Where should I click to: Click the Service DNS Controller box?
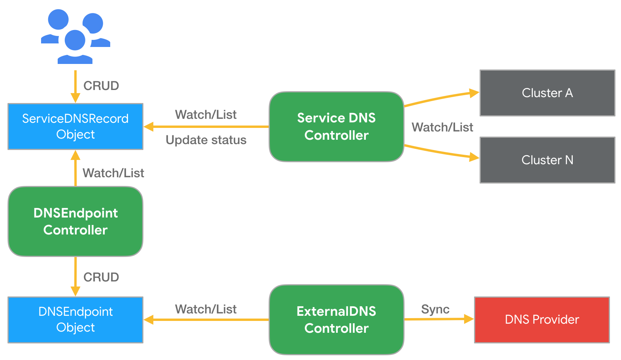pos(336,127)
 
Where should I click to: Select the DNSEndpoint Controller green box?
pos(75,221)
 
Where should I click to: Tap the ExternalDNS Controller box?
pos(336,320)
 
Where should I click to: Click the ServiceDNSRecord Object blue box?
pos(75,127)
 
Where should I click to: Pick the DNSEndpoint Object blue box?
pos(75,320)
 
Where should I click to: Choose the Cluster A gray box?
pos(547,93)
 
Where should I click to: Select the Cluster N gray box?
pos(547,160)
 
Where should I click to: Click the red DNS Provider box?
pos(542,320)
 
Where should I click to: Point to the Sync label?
pos(435,309)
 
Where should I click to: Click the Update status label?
pos(206,140)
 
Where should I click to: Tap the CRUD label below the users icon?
pos(101,86)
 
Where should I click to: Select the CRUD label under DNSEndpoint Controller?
pos(101,277)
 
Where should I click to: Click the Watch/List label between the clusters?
pos(442,127)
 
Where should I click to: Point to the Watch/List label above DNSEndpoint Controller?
pos(113,173)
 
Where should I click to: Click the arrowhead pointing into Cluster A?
pos(474,93)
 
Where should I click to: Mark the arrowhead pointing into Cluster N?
pos(474,157)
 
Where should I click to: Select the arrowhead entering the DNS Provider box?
pos(469,319)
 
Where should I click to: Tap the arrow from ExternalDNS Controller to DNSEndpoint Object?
pos(209,320)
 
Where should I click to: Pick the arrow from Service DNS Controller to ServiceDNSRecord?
pos(209,127)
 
